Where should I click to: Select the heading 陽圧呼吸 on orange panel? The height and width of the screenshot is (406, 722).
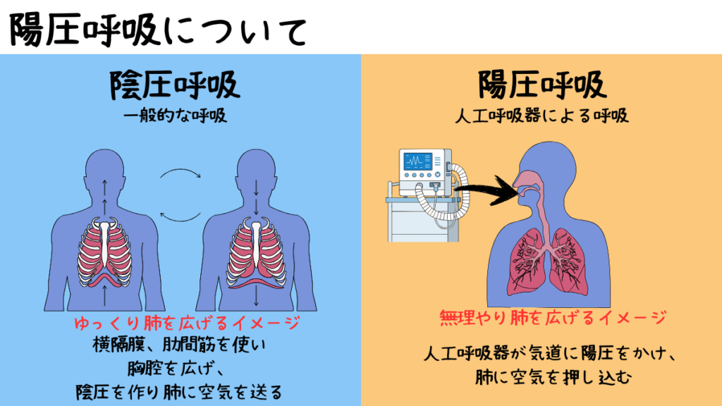(x=541, y=85)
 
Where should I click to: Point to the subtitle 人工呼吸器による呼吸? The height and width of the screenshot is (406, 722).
(x=541, y=115)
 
